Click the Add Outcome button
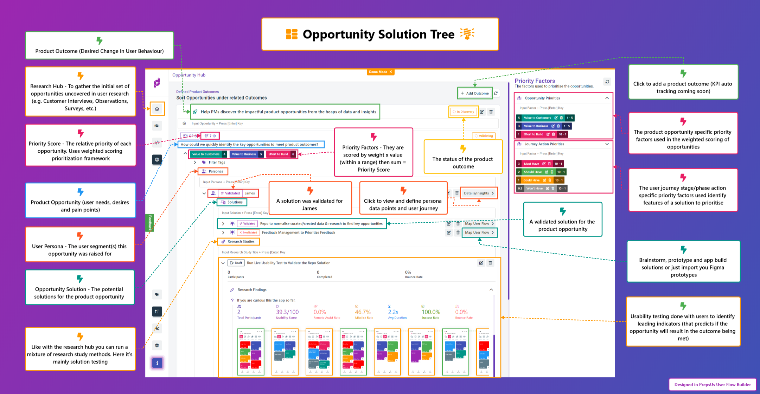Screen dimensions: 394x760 [x=475, y=93]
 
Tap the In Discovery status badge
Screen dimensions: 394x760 [x=464, y=112]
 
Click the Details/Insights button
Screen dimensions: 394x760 [x=479, y=193]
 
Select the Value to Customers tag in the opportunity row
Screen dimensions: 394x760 [x=206, y=154]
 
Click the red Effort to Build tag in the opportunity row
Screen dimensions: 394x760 [x=278, y=154]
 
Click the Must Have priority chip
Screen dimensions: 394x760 [x=531, y=164]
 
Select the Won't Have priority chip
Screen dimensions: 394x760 [x=534, y=188]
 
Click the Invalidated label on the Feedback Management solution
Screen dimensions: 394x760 [x=248, y=233]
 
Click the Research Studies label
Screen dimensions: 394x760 [x=241, y=241]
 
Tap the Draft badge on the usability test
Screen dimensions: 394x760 [x=236, y=263]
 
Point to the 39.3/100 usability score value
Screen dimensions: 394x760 [x=287, y=312]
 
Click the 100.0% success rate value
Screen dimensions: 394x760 [x=431, y=312]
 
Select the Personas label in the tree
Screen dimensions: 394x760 [x=216, y=171]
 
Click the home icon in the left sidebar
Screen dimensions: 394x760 [x=157, y=109]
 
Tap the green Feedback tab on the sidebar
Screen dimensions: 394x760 [x=150, y=223]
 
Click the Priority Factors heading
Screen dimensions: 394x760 [x=535, y=81]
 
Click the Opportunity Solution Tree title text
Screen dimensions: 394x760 [x=378, y=34]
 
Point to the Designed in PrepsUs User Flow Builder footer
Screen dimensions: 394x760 [x=712, y=385]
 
